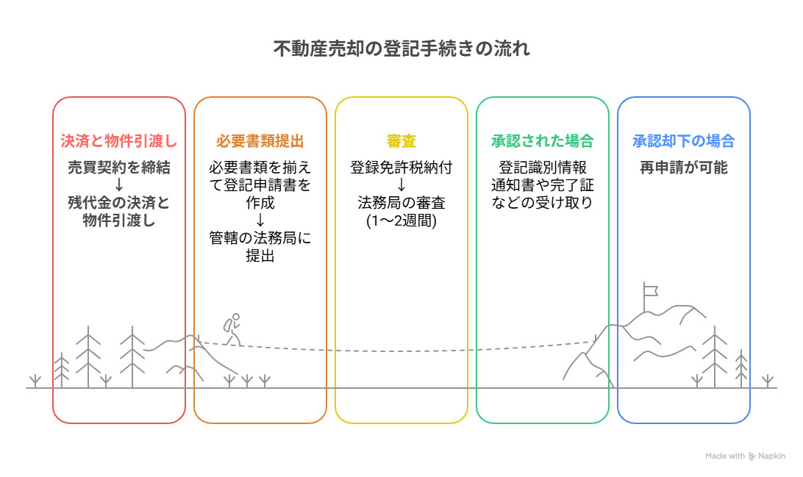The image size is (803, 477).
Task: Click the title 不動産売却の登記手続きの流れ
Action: click(401, 49)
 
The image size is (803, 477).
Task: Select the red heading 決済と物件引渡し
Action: click(119, 140)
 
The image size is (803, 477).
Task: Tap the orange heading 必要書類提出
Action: click(260, 140)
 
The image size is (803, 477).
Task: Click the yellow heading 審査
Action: click(401, 140)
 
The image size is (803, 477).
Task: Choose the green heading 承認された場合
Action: click(543, 140)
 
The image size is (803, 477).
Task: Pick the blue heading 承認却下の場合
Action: click(684, 140)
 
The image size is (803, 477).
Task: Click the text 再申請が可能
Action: click(684, 168)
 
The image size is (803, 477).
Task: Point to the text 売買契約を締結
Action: click(119, 168)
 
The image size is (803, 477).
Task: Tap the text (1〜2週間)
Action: click(401, 220)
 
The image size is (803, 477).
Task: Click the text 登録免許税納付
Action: click(401, 168)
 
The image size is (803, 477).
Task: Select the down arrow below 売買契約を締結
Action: click(119, 185)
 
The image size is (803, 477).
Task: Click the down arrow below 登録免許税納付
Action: click(401, 185)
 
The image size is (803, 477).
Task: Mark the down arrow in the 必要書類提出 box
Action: click(260, 220)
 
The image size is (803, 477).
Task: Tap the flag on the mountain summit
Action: click(650, 291)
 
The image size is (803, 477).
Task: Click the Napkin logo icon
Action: click(752, 456)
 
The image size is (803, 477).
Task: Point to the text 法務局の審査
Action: click(401, 203)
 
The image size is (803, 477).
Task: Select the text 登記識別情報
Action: click(543, 168)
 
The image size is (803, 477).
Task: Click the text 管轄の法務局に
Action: click(260, 238)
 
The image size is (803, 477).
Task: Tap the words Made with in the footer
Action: click(725, 456)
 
